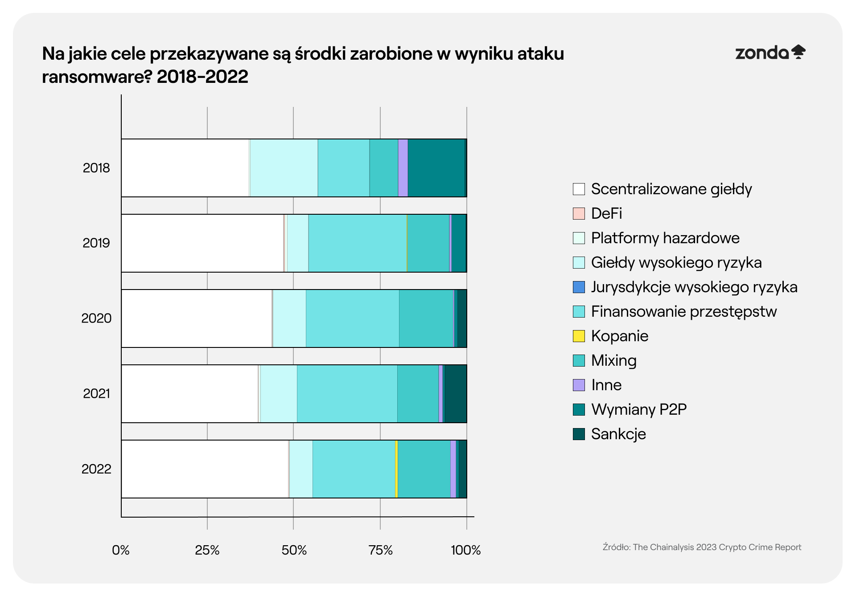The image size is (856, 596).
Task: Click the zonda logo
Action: (770, 53)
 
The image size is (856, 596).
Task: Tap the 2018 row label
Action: (96, 168)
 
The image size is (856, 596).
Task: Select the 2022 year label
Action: (96, 469)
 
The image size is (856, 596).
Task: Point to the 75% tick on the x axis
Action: (380, 550)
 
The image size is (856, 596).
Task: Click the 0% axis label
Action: (120, 550)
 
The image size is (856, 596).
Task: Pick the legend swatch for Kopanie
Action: (579, 336)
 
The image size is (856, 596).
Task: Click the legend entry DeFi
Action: (606, 213)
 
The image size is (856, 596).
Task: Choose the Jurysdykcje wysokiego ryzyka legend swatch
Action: (579, 287)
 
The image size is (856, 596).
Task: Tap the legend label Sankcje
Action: (618, 434)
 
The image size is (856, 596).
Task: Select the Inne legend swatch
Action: (579, 385)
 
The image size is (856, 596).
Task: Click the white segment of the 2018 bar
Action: (185, 168)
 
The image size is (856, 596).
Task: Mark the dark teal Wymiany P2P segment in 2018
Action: (436, 168)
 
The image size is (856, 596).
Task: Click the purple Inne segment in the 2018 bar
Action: (403, 168)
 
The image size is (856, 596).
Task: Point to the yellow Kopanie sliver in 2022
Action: (396, 469)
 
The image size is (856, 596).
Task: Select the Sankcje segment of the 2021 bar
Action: (456, 394)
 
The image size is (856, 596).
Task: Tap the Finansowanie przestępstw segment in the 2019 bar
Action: (357, 243)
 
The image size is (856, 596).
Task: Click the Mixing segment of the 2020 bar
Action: (426, 318)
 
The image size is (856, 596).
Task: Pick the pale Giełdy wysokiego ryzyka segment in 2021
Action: (279, 394)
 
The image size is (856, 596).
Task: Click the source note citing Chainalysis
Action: (702, 547)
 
